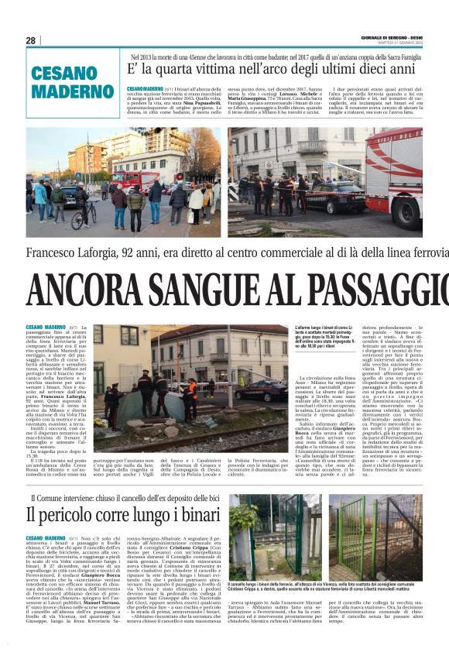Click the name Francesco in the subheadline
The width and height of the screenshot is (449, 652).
(57, 252)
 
